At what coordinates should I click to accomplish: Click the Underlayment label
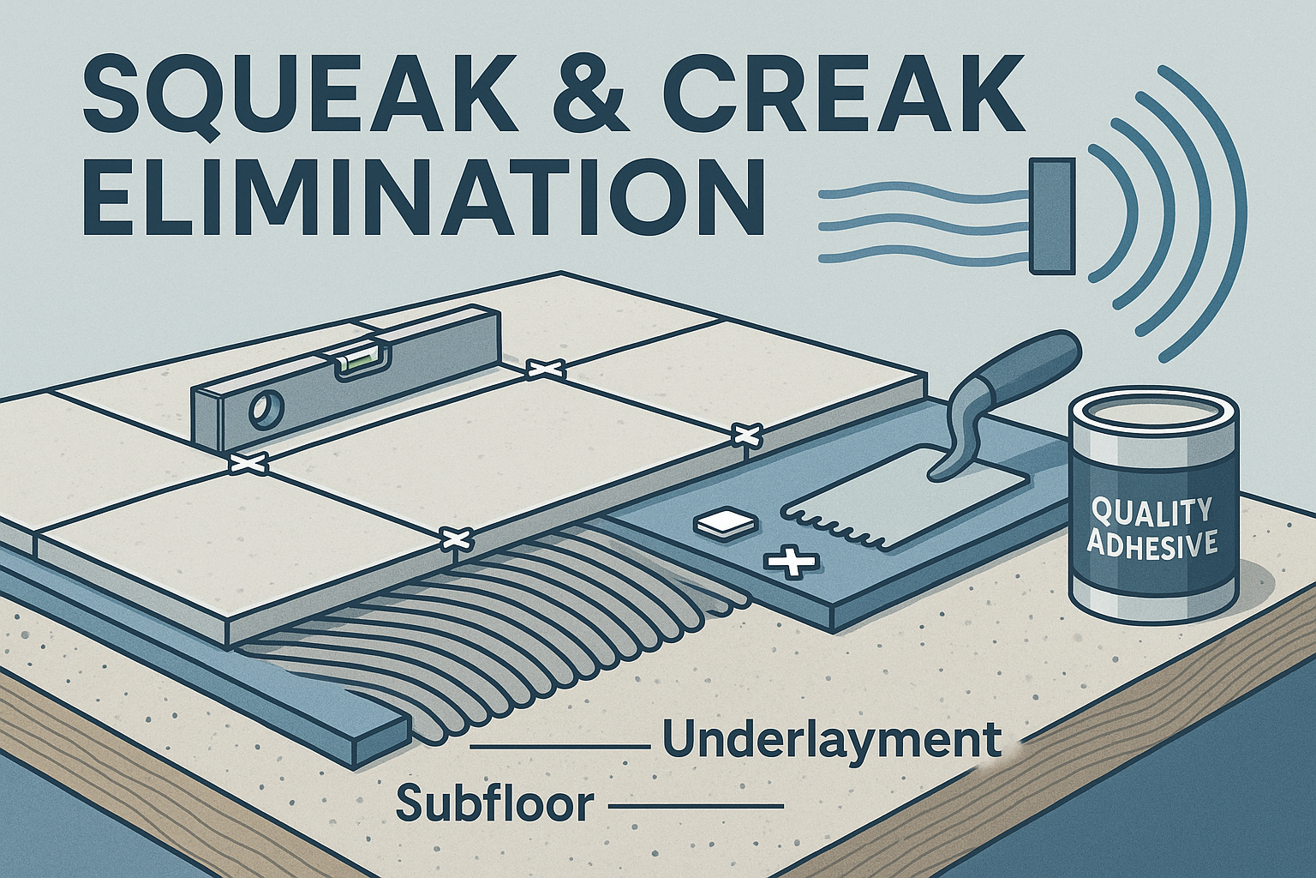click(x=831, y=740)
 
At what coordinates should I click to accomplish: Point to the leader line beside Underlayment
click(x=561, y=747)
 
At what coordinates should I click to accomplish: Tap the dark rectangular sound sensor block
click(x=1050, y=217)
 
